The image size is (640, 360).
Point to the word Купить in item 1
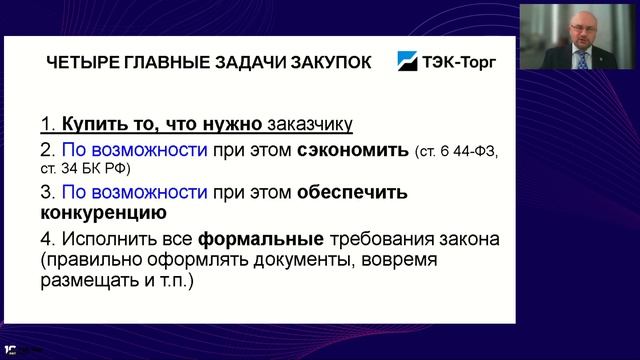pyautogui.click(x=87, y=125)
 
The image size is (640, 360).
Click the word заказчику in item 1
pyautogui.click(x=310, y=125)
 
